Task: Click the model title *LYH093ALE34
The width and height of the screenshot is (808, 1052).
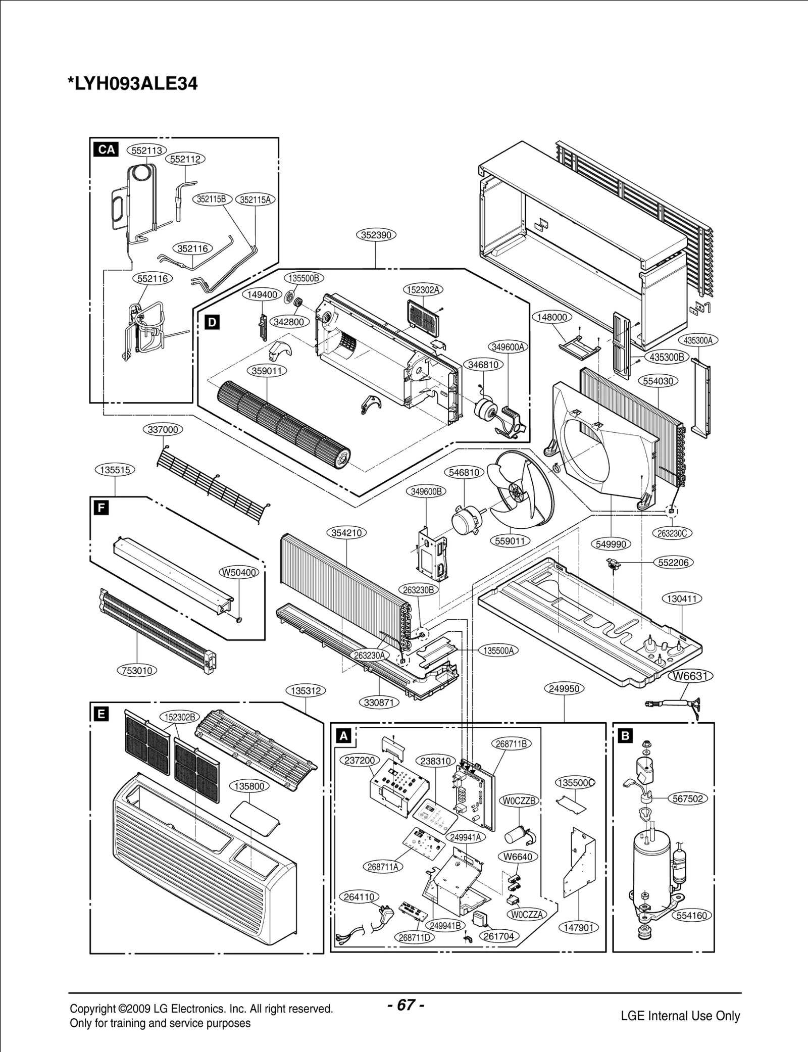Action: pyautogui.click(x=133, y=83)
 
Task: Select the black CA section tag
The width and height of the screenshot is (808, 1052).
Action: pyautogui.click(x=107, y=149)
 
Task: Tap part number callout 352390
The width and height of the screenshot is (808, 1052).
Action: pyautogui.click(x=376, y=235)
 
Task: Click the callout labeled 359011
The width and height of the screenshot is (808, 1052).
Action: pyautogui.click(x=267, y=371)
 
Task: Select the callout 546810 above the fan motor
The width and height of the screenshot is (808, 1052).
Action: pyautogui.click(x=464, y=472)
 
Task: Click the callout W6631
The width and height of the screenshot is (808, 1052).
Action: pyautogui.click(x=691, y=676)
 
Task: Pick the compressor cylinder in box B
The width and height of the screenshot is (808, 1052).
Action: pyautogui.click(x=651, y=864)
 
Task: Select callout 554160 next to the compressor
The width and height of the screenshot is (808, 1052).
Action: pyautogui.click(x=692, y=915)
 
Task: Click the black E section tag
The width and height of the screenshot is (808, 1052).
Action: pyautogui.click(x=101, y=714)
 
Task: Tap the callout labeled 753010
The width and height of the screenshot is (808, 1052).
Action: pyautogui.click(x=137, y=671)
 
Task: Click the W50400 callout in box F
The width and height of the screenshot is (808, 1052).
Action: pyautogui.click(x=239, y=572)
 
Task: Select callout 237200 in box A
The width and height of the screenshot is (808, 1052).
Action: pyautogui.click(x=360, y=761)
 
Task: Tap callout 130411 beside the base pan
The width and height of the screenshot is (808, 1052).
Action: pyautogui.click(x=682, y=599)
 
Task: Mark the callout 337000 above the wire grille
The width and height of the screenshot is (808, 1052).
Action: pyautogui.click(x=163, y=430)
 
